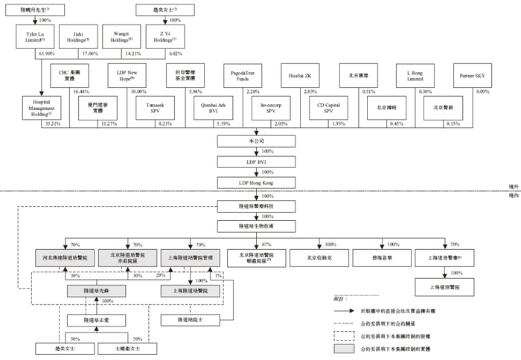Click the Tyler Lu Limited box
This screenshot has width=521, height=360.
pyautogui.click(x=34, y=37)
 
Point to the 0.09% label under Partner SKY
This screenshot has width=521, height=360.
pyautogui.click(x=483, y=91)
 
